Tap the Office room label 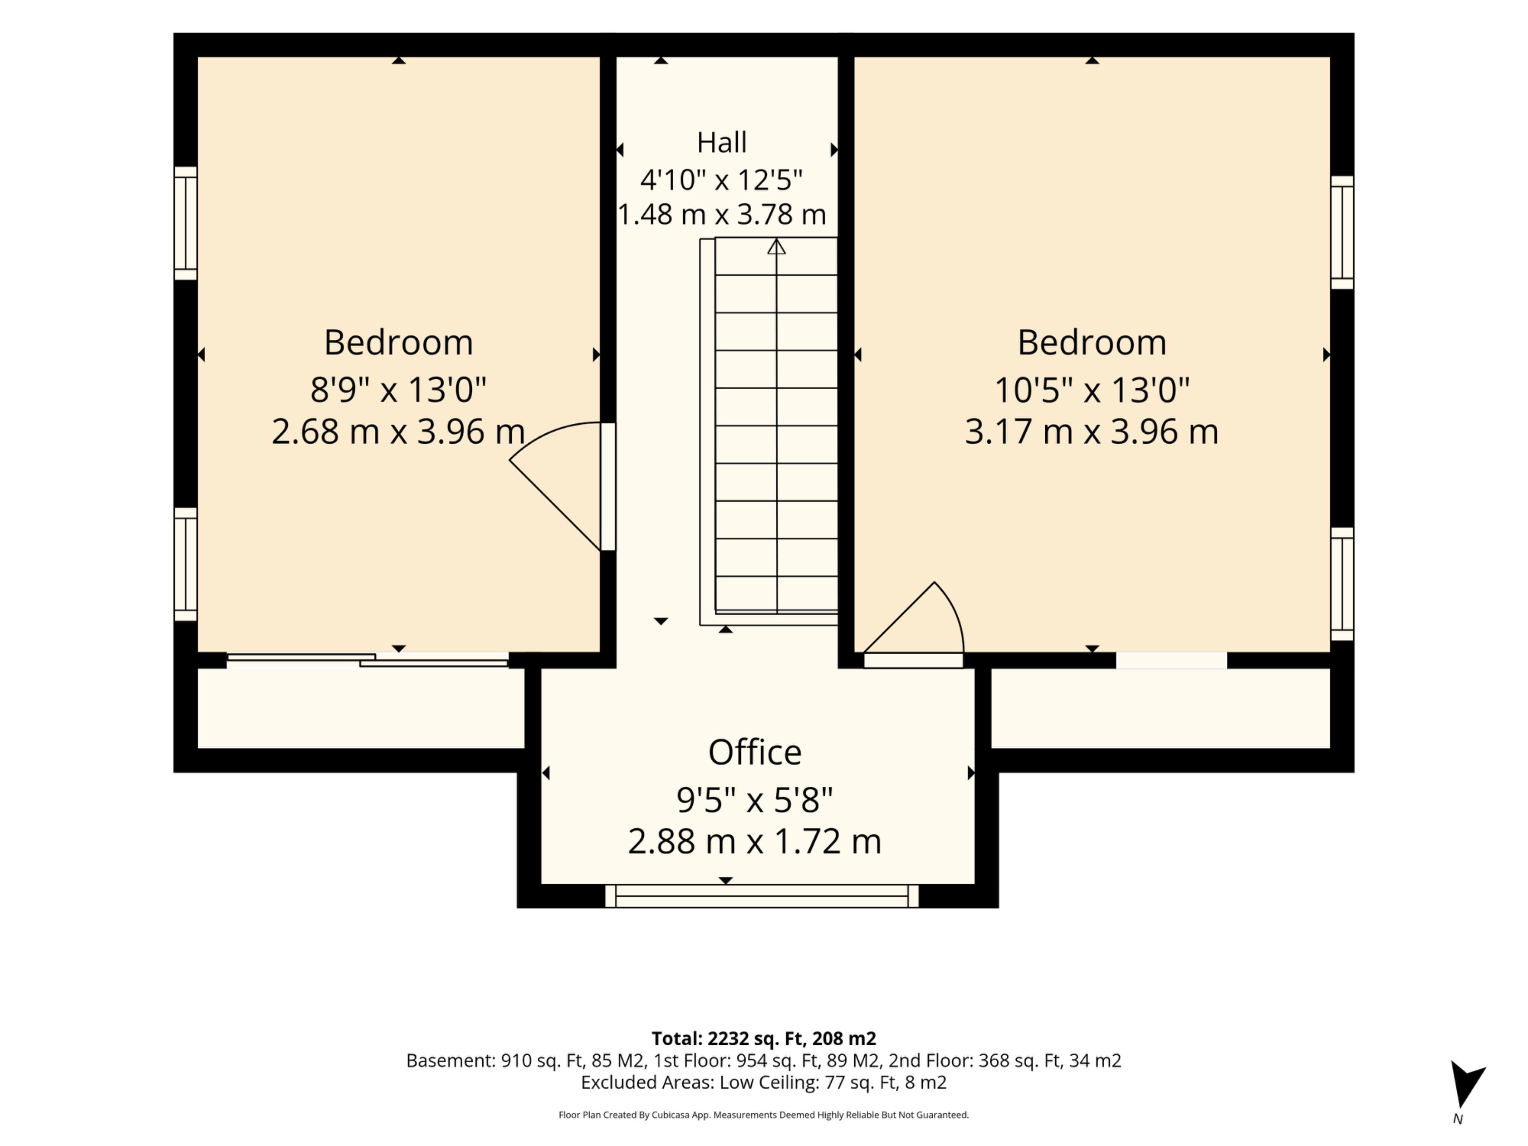[754, 752]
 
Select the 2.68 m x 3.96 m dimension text [398, 432]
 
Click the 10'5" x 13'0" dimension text [1091, 390]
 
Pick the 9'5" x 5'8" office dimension [754, 800]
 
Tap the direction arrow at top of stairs [776, 247]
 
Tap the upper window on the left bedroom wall [185, 223]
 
